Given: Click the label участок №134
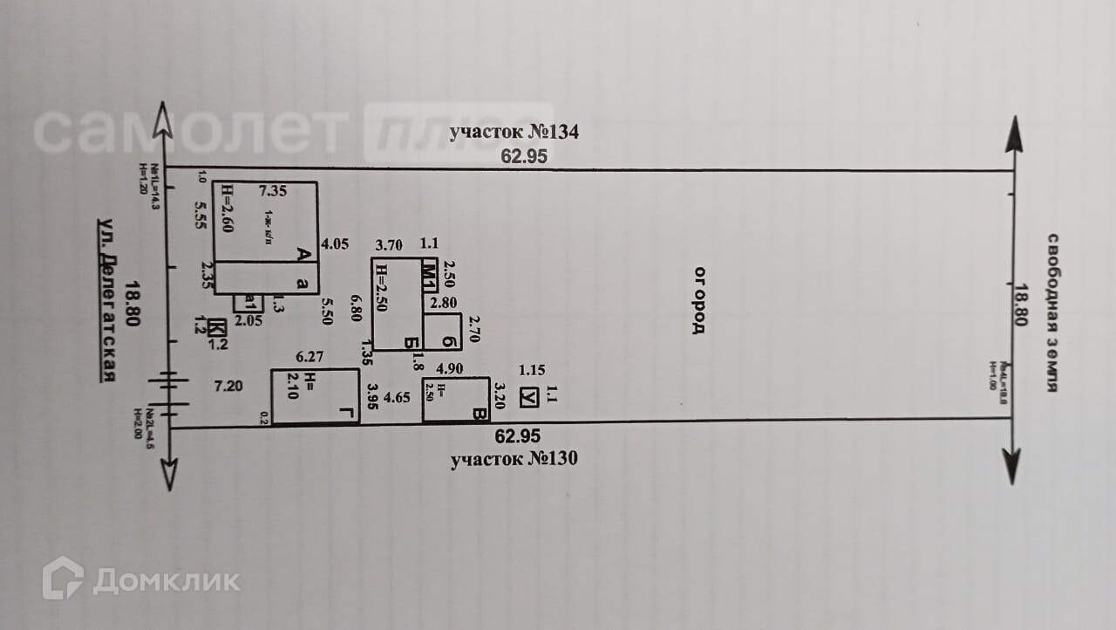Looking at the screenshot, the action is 514,134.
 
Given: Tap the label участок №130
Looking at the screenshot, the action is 514,460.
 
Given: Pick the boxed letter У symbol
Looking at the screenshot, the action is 527,397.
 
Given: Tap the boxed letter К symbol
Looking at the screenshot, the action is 217,328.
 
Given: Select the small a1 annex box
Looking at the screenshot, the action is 248,303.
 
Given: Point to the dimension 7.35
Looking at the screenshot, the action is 273,190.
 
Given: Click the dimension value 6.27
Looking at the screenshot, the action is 310,356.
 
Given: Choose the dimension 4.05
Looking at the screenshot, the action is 335,245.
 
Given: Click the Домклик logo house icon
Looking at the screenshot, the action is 63,578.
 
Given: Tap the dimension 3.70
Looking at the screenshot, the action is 387,245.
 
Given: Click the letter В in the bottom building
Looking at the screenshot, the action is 478,414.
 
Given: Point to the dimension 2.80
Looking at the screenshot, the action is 444,304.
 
